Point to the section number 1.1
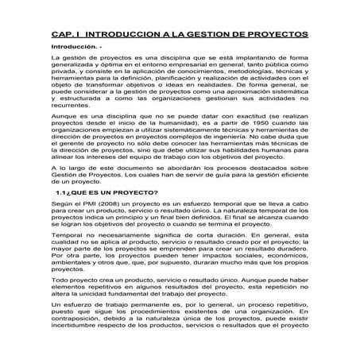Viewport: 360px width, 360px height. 62,192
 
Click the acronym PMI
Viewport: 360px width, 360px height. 83,206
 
